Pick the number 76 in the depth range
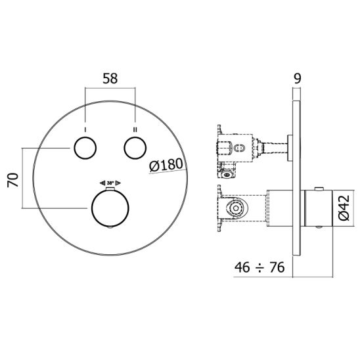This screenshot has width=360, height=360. click(x=278, y=268)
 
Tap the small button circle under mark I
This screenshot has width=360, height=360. click(x=85, y=148)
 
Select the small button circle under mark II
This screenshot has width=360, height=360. click(x=135, y=148)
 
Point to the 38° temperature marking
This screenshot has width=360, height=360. click(x=110, y=184)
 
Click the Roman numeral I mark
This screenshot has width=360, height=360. click(x=85, y=128)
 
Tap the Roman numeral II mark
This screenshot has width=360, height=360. click(x=135, y=128)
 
